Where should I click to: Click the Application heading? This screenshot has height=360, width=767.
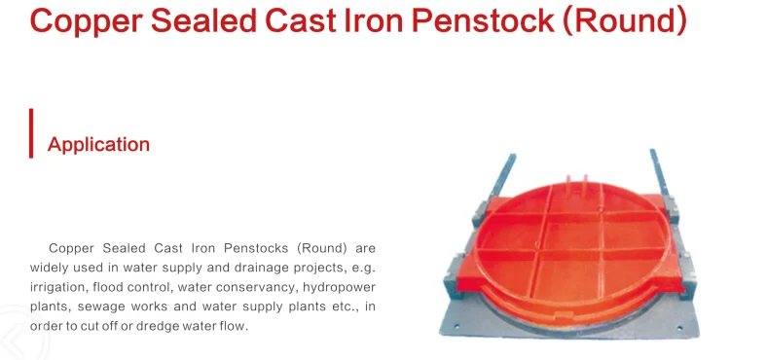tap(98, 145)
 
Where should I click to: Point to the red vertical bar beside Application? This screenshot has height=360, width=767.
tap(31, 133)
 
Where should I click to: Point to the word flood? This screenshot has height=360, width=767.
tap(119, 287)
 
